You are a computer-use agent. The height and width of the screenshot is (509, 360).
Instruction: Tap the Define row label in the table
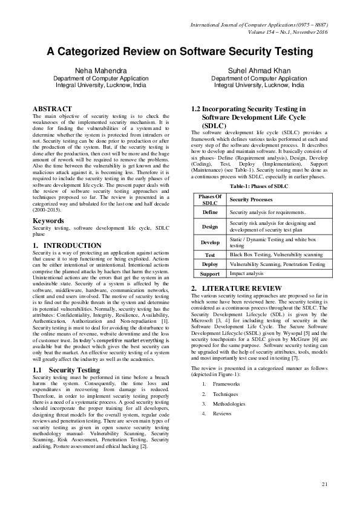click(x=210, y=213)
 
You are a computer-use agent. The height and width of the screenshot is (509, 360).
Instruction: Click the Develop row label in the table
click(x=210, y=242)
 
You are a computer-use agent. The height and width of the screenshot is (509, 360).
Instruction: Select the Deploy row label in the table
click(x=210, y=264)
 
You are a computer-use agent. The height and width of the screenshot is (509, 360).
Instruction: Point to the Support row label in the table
click(x=210, y=273)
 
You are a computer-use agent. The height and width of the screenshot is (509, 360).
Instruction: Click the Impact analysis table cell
click(x=247, y=273)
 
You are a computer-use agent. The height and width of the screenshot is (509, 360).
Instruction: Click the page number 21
click(x=324, y=484)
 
